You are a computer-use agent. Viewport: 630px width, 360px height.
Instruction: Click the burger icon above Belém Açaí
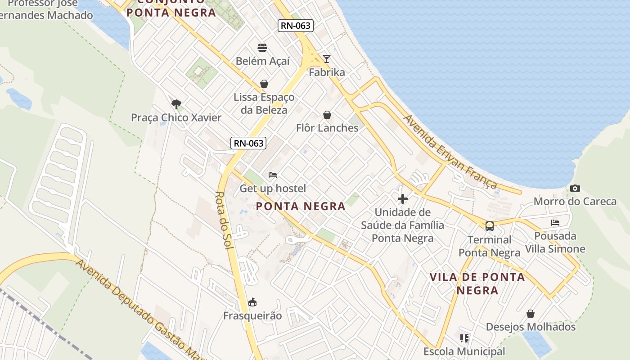coord(262,47)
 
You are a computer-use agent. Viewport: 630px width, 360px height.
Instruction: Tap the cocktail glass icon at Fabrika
coord(327,58)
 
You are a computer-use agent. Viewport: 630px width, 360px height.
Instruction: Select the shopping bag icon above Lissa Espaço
coord(264,84)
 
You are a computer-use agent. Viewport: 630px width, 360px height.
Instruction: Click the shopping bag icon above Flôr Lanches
coord(327,115)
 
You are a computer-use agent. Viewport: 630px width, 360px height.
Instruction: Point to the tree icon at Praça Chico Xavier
coord(176,104)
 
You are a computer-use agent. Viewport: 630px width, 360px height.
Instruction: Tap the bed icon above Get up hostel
coord(272,175)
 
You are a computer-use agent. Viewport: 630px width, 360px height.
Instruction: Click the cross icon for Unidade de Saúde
coord(403,198)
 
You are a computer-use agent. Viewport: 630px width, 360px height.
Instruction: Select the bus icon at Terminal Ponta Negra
coord(490,226)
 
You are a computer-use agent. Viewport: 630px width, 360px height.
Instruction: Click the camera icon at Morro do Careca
coord(575,188)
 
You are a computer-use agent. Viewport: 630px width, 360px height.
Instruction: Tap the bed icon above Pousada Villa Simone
coord(555,222)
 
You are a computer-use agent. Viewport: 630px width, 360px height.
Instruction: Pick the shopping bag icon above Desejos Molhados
coord(531,314)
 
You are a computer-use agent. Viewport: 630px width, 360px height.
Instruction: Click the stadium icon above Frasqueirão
coord(252,302)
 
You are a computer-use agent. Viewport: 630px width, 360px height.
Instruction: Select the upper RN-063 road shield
coord(295,26)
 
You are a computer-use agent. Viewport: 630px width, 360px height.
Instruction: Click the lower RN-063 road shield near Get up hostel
coord(248,143)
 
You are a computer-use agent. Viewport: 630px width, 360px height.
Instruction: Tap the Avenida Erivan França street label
coord(450,152)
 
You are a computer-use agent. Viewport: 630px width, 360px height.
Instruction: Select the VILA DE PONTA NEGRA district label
coord(477,283)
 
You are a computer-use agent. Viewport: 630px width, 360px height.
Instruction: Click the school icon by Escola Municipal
coord(464,337)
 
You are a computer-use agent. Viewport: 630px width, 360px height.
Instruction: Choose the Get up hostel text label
coord(272,189)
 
